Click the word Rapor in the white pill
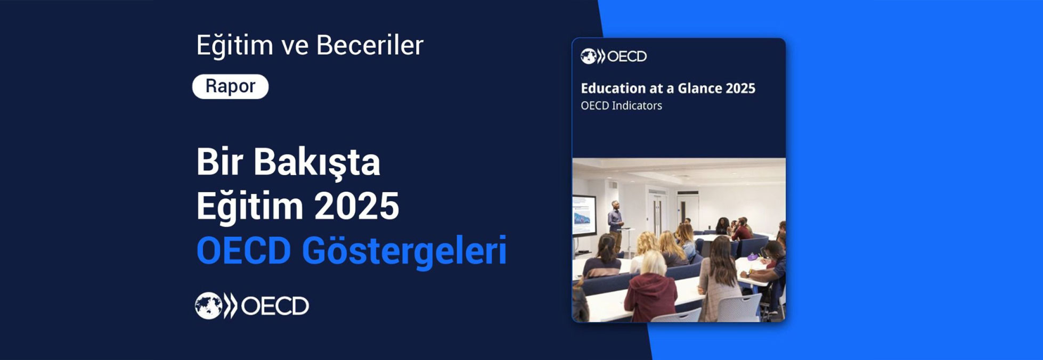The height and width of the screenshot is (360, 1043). point(230,86)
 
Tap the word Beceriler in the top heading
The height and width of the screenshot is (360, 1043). point(370,45)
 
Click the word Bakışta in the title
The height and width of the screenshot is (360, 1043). point(316,162)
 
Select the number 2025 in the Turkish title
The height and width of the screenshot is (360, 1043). point(356,206)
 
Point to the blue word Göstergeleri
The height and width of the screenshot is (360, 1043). point(404,250)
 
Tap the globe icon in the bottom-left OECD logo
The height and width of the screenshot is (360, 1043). point(208,306)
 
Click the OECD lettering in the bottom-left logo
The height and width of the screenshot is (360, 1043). point(275,306)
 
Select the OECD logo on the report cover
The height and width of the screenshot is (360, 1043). point(614,56)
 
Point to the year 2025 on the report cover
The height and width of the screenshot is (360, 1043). point(740,88)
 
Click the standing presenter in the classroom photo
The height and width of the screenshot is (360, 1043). point(615,221)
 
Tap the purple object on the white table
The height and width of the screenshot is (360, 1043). point(752,257)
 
